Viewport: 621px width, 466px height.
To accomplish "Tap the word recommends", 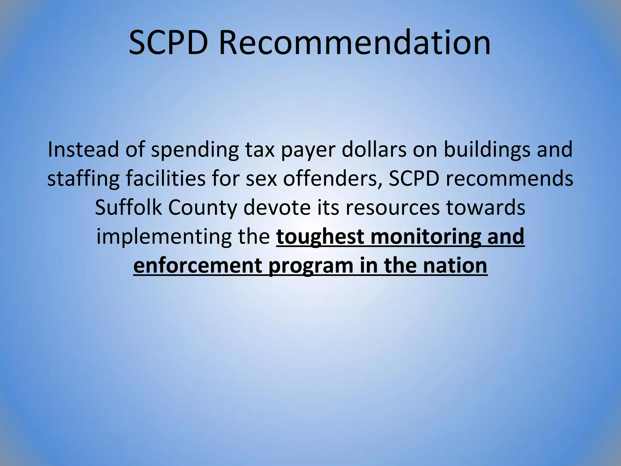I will click(509, 179).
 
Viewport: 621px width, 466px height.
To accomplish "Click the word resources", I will click(392, 208).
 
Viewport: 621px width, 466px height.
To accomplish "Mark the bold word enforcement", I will click(197, 266).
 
